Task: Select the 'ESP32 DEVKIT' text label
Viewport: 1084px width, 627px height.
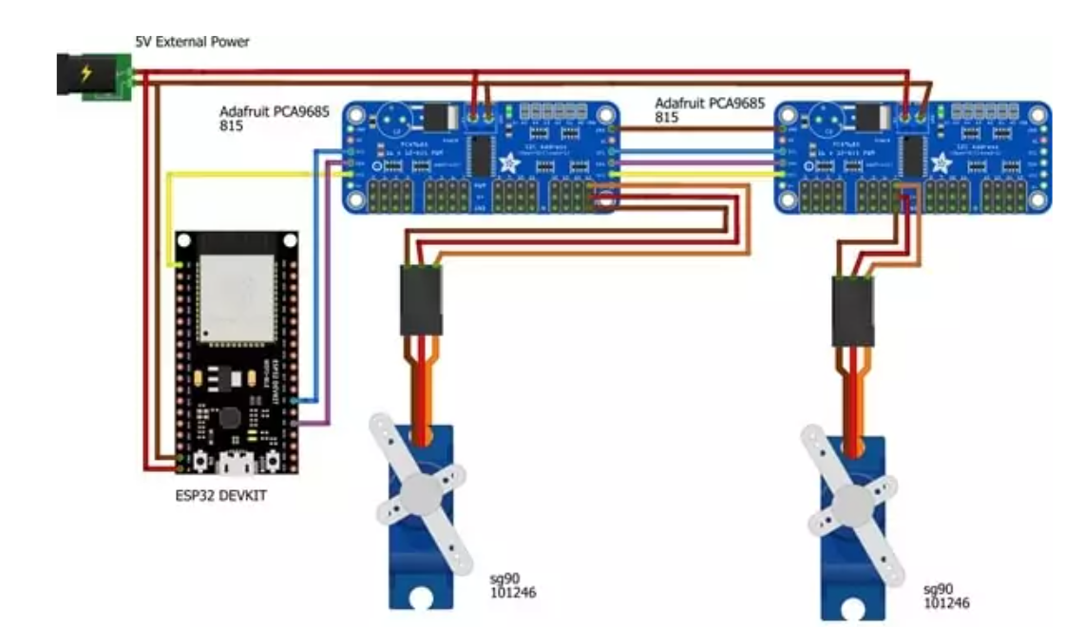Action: (x=228, y=496)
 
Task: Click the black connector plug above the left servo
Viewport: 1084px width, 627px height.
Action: (x=420, y=300)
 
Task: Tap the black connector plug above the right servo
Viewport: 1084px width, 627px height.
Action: (x=852, y=311)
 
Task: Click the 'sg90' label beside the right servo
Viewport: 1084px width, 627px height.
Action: (x=937, y=590)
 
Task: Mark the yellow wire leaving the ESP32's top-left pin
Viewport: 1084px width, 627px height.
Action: (x=168, y=218)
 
